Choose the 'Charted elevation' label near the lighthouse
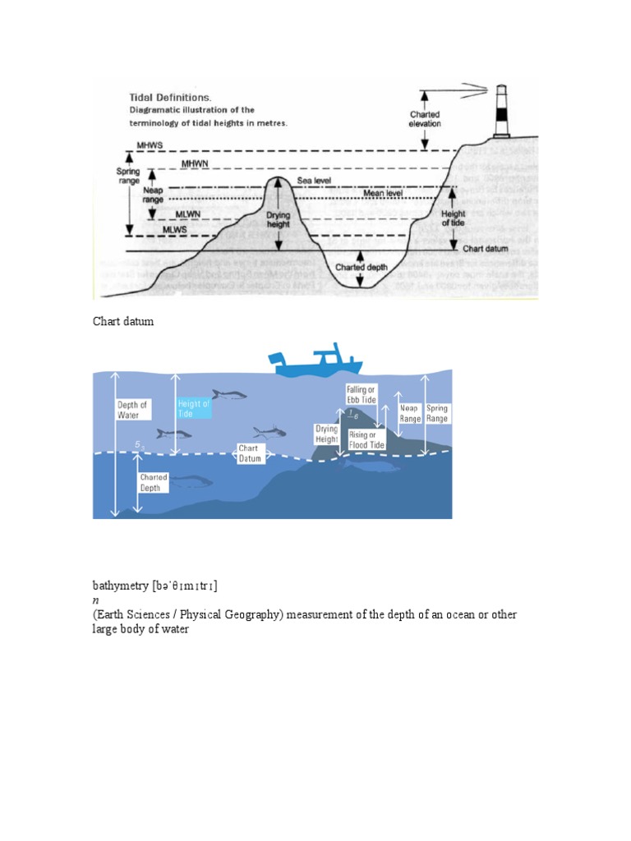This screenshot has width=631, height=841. [x=425, y=119]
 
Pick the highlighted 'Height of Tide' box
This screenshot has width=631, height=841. [x=194, y=409]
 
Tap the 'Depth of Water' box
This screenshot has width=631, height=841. [x=133, y=409]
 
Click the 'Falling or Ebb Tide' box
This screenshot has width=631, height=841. [x=361, y=393]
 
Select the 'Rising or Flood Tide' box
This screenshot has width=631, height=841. [x=362, y=439]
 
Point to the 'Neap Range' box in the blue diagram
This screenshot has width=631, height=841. [x=410, y=413]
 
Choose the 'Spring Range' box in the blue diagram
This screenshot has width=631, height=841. [x=437, y=413]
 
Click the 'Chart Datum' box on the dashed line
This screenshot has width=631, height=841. [x=250, y=454]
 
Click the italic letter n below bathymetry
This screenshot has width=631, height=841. [x=95, y=600]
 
